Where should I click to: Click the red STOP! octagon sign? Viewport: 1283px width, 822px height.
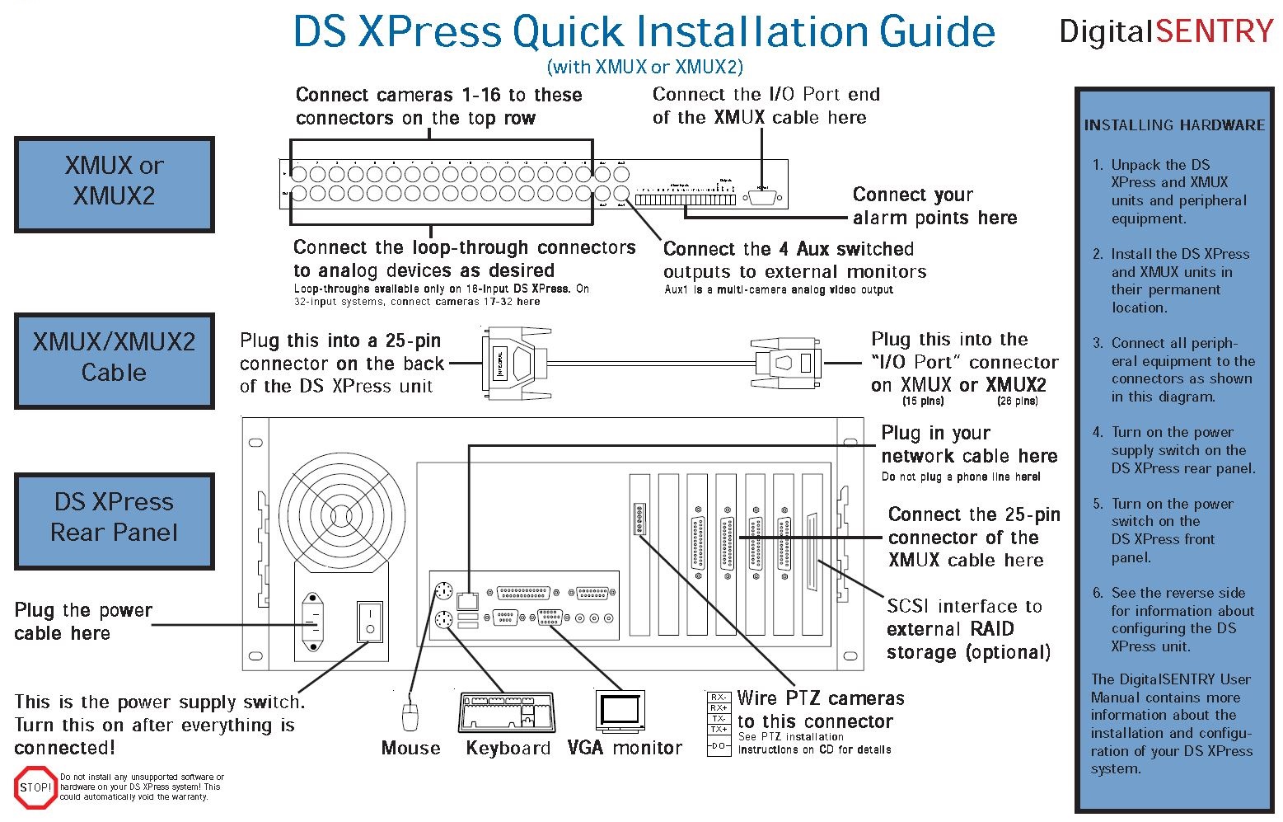point(35,787)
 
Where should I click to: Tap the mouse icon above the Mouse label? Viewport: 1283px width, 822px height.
point(410,715)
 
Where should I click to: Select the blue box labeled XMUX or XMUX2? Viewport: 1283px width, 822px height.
point(115,184)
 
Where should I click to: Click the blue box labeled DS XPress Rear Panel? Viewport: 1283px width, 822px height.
point(115,520)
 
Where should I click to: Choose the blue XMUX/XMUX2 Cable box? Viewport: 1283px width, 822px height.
point(115,360)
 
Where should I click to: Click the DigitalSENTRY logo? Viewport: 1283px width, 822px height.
point(1166,31)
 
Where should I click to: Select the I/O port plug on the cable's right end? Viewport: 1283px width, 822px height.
point(787,363)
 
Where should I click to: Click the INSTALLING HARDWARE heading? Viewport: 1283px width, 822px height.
point(1173,125)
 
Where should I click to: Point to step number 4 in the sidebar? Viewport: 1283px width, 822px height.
point(1097,432)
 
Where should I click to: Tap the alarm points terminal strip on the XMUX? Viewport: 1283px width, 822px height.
point(684,200)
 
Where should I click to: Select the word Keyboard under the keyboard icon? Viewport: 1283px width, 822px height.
point(508,748)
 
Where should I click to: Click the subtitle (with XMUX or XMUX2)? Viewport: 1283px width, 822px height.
point(644,67)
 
